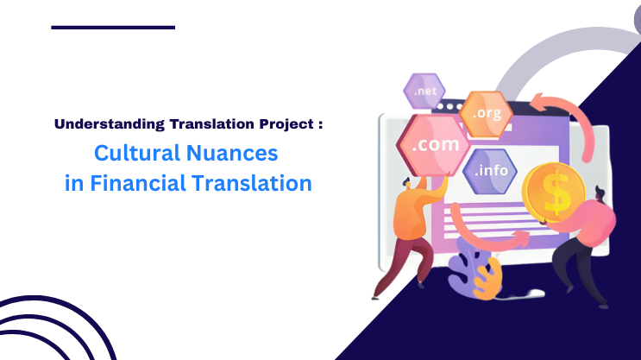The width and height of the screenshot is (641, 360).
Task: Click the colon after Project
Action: [320, 124]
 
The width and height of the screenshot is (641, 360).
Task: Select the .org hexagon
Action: [486, 112]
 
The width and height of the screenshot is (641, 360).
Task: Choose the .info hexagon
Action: [492, 170]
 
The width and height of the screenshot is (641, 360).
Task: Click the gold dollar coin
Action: [556, 193]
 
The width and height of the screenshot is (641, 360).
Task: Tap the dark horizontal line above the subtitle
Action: [113, 27]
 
